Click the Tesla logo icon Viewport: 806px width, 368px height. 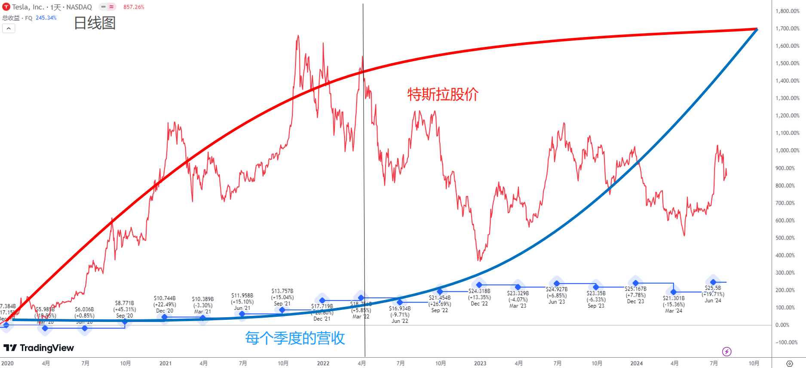(x=6, y=7)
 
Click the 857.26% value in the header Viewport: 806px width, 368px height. (x=134, y=7)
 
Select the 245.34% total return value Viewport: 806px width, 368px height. (x=46, y=18)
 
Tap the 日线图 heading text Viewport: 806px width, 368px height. (x=95, y=23)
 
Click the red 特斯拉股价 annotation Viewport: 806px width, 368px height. (x=443, y=94)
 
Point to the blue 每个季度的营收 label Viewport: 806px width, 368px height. (x=295, y=338)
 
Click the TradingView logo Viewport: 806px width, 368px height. (x=39, y=348)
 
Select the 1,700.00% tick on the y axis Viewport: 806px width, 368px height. (x=787, y=28)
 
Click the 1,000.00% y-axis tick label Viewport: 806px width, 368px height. (x=787, y=150)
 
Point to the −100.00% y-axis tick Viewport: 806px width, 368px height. (x=787, y=342)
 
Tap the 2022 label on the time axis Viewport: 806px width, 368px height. (x=323, y=363)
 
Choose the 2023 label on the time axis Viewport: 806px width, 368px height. (x=480, y=363)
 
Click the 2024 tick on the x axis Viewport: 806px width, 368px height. (x=637, y=363)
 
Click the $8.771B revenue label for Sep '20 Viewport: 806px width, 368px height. (x=125, y=303)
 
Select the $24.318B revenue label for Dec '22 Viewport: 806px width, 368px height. (x=479, y=291)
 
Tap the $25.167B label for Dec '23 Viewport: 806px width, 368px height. (x=636, y=289)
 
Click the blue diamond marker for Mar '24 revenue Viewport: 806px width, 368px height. (x=674, y=292)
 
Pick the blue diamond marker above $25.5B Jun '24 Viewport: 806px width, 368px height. (x=713, y=282)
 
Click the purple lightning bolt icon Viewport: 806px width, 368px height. (x=727, y=352)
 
